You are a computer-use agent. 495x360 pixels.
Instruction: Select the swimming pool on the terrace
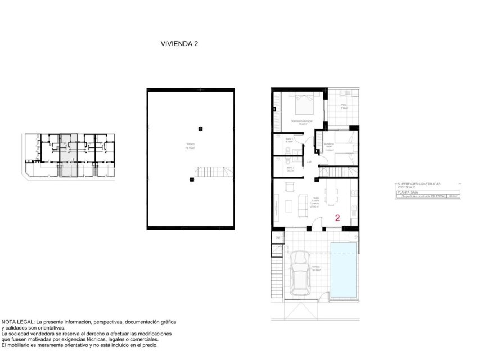(344, 270)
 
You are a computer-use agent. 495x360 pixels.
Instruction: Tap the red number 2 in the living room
(337, 218)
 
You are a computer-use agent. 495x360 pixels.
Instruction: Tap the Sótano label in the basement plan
(190, 146)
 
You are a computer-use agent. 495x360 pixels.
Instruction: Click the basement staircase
(213, 172)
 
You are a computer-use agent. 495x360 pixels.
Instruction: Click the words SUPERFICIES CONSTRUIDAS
(418, 184)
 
